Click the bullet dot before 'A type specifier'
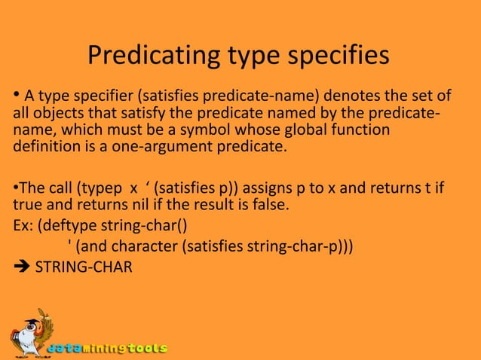16,96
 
